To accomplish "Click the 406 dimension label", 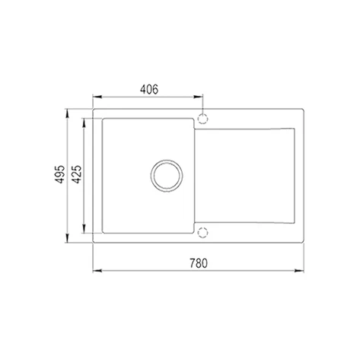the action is point(149,89).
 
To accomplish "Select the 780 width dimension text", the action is point(199,263).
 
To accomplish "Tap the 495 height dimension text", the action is point(60,174).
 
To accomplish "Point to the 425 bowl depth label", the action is point(77,174).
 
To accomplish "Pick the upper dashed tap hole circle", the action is point(202,119).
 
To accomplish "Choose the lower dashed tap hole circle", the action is point(202,232).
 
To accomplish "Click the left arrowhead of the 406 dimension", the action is point(97,97).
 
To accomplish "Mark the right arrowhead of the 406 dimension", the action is point(199,97).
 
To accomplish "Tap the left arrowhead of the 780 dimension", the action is point(97,271).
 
